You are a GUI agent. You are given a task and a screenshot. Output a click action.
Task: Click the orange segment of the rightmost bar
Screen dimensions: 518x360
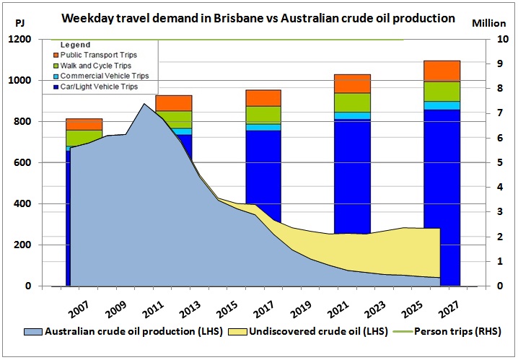442,71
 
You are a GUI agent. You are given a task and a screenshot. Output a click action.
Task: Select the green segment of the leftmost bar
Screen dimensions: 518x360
84,138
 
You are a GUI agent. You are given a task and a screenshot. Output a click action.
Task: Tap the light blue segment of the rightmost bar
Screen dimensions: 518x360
442,105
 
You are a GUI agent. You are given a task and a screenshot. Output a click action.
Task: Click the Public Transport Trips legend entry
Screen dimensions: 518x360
95,55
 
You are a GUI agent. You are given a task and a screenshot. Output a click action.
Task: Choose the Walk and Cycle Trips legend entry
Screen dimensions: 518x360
92,66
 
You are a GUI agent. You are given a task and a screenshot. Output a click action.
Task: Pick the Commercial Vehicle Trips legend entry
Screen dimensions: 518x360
101,76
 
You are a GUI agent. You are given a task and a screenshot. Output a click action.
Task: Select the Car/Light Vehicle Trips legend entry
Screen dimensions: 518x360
95,87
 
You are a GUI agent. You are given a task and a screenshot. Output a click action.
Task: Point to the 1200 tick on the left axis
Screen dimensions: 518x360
19,39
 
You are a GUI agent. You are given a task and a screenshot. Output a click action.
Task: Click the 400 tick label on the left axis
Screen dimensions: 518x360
23,203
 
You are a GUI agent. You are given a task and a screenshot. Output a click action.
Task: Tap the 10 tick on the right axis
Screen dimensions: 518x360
503,39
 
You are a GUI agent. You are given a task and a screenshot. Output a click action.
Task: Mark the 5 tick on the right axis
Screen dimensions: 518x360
500,162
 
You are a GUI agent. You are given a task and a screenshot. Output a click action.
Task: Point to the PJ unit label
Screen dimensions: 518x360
19,23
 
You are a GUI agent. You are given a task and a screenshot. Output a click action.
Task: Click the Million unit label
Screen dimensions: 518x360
489,23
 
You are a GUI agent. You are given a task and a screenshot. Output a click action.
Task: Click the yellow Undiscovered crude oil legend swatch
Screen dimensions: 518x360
238,332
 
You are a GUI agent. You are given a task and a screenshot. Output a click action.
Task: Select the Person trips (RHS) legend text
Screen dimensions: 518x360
457,331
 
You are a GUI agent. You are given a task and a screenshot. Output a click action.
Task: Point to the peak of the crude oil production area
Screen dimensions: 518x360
144,104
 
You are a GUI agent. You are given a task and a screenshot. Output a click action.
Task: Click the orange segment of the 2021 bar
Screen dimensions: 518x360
352,84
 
